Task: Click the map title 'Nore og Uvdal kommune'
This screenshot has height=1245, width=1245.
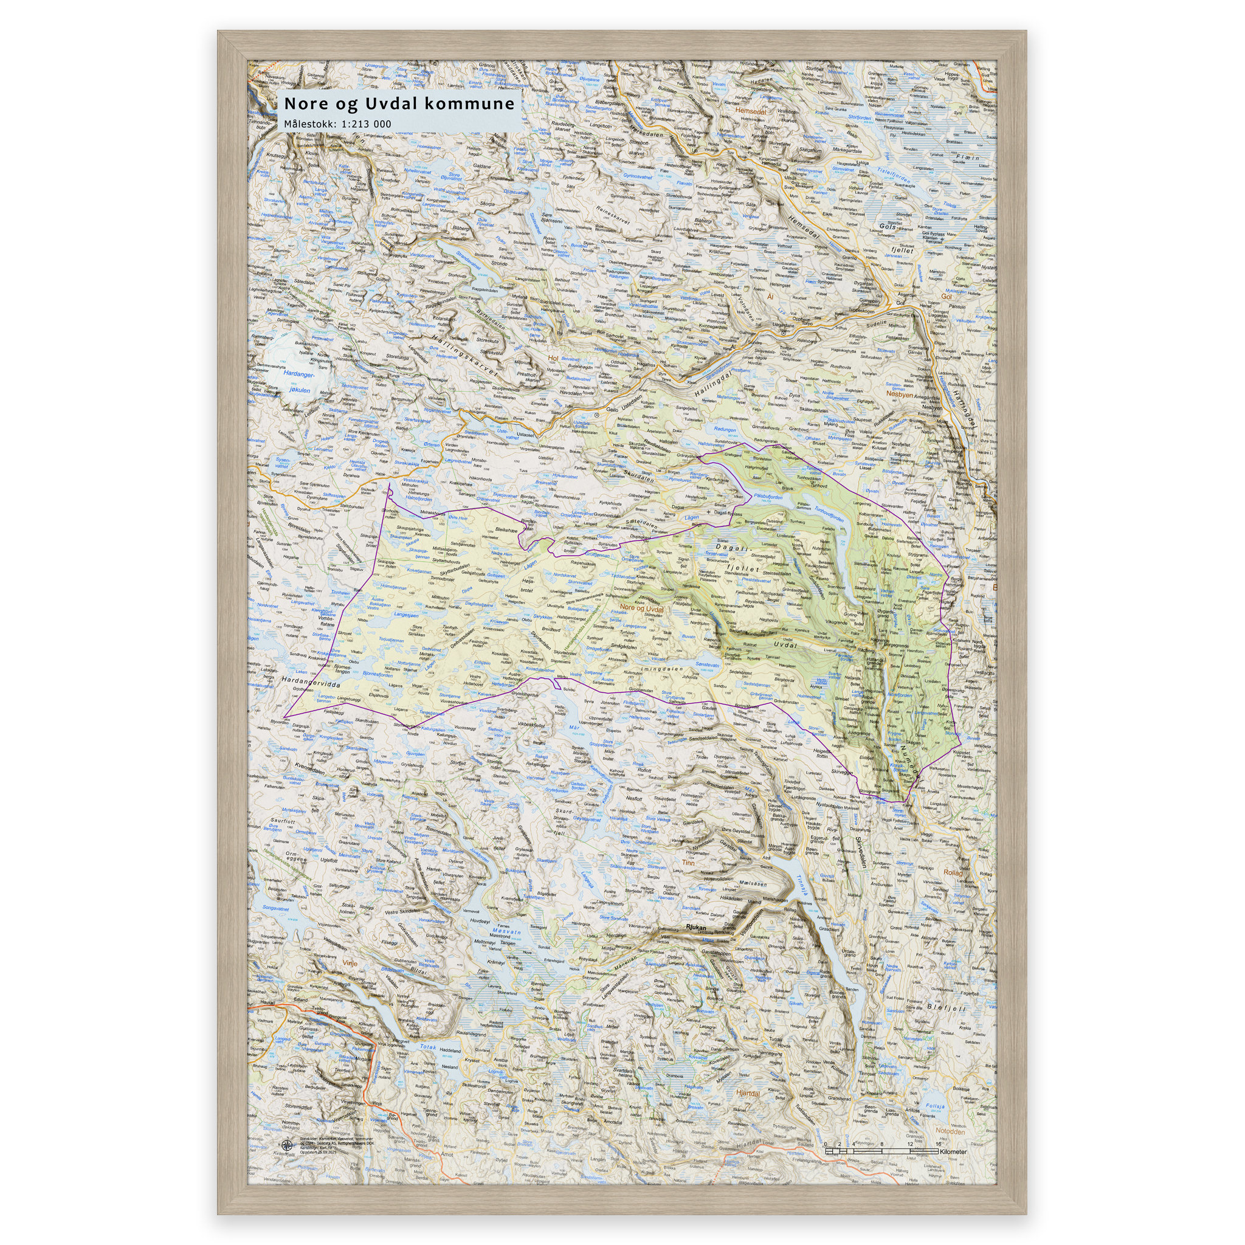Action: coord(399,104)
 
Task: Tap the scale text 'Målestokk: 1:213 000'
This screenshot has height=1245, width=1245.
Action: coord(337,124)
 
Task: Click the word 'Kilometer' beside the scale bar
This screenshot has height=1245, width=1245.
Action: coord(953,1151)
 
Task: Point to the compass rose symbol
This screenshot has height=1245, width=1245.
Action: coord(286,1145)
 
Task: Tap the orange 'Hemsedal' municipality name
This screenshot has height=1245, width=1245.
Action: coord(751,111)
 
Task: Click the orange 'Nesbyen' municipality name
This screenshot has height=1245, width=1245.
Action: coord(900,394)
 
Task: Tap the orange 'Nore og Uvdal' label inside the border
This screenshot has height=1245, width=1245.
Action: coord(641,609)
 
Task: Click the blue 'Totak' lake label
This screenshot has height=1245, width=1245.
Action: coord(429,1047)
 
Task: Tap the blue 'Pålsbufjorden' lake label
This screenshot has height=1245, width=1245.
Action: coord(768,497)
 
